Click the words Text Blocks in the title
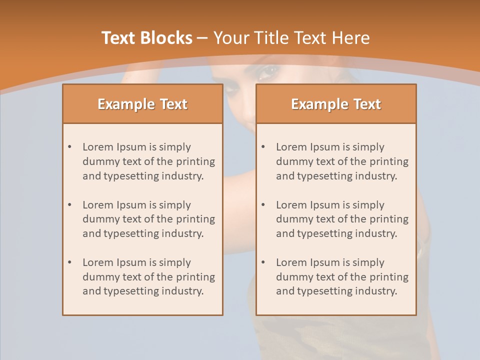[146, 38]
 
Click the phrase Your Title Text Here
[291, 38]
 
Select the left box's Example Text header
[142, 104]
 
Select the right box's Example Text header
[336, 104]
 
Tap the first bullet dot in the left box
[70, 147]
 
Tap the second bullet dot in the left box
[70, 205]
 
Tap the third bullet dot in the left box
[70, 262]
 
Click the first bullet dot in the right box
[263, 147]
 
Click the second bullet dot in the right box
[263, 205]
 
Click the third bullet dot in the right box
[263, 262]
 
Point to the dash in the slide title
[202, 38]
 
